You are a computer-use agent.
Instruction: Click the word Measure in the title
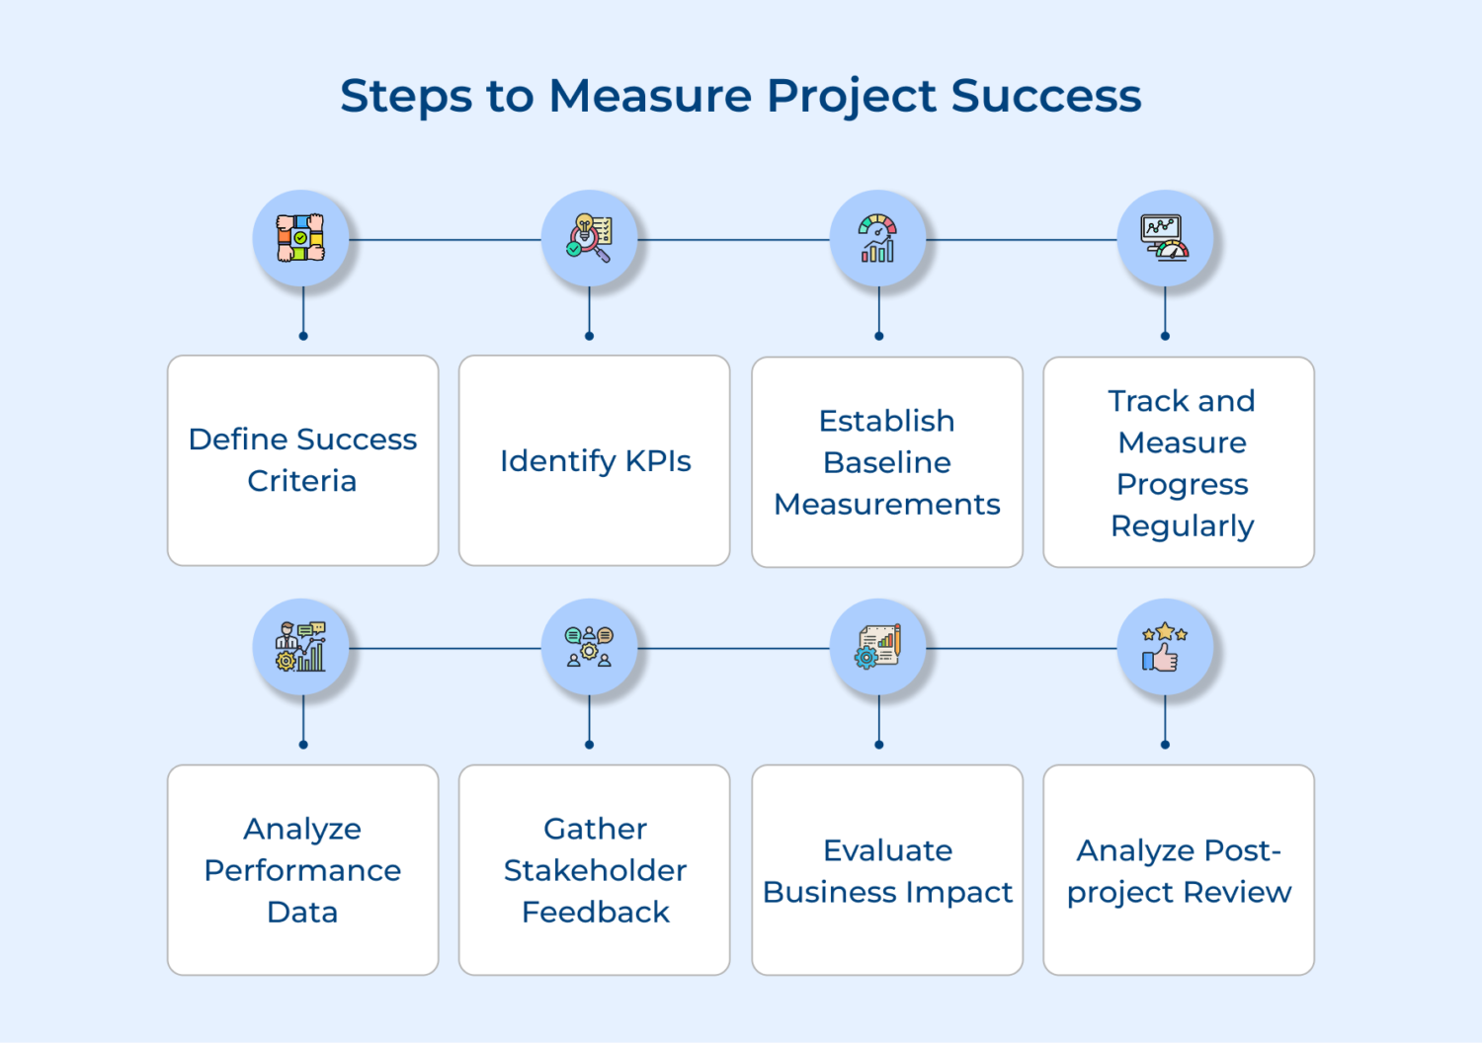650,96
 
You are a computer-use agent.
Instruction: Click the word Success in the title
1046,96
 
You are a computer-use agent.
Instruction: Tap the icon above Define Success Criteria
300,238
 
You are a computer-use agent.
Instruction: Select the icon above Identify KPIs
589,238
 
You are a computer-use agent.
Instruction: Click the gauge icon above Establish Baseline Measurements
877,238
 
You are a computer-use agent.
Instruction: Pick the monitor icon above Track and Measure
1165,238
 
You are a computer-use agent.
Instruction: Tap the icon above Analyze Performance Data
300,647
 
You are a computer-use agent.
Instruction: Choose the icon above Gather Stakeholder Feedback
589,647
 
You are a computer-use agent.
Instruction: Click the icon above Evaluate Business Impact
877,647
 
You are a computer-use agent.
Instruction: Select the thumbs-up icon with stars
1165,647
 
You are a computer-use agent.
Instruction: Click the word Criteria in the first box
302,481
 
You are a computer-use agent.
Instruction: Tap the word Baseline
887,462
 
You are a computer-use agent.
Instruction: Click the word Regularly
1182,526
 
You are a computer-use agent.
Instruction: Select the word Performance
302,870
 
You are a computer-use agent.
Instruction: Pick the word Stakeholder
595,870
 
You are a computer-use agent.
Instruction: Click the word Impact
958,892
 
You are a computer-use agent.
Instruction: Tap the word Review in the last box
1237,892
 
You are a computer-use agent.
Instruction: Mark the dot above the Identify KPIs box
589,336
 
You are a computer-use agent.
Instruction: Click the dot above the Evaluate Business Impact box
878,745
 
